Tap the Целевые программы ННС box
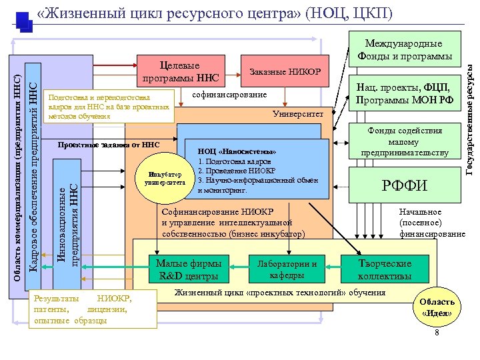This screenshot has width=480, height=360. click(180, 73)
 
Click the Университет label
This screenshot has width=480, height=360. click(297, 115)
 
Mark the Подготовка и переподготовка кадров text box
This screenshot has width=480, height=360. click(107, 106)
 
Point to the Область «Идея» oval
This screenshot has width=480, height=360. click(437, 307)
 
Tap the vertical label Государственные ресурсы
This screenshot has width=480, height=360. click(471, 117)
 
